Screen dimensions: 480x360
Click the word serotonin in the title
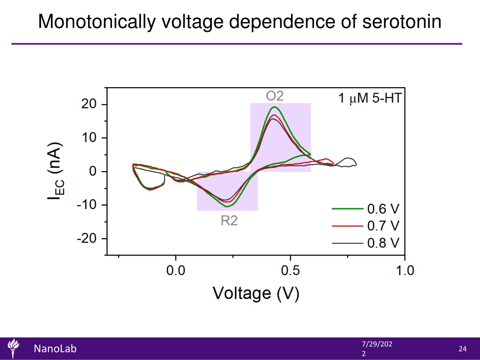pyautogui.click(x=402, y=22)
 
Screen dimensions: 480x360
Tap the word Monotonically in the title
pyautogui.click(x=97, y=22)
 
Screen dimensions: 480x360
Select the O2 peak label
pyautogui.click(x=275, y=96)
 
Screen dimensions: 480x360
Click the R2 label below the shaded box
pyautogui.click(x=229, y=220)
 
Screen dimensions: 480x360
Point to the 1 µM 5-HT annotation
pyautogui.click(x=369, y=98)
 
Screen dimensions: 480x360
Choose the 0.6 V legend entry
pyautogui.click(x=366, y=209)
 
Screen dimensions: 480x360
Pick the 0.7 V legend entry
pyautogui.click(x=366, y=226)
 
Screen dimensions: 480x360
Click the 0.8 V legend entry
pyautogui.click(x=366, y=243)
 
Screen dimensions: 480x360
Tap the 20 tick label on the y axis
pyautogui.click(x=89, y=105)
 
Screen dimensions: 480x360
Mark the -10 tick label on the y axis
pyautogui.click(x=87, y=205)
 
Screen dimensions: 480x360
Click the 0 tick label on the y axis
pyautogui.click(x=93, y=172)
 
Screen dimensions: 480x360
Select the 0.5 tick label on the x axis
pyautogui.click(x=290, y=270)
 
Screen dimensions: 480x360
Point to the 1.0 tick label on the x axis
pyautogui.click(x=405, y=270)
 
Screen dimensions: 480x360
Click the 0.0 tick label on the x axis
pyautogui.click(x=176, y=270)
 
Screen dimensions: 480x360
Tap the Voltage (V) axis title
pyautogui.click(x=256, y=293)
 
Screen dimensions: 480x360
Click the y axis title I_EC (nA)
pyautogui.click(x=56, y=171)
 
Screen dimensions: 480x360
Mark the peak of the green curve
pyautogui.click(x=274, y=107)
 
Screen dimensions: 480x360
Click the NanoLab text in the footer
pyautogui.click(x=55, y=349)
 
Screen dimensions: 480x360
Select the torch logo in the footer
pyautogui.click(x=13, y=348)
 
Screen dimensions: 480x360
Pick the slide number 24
pyautogui.click(x=463, y=349)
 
